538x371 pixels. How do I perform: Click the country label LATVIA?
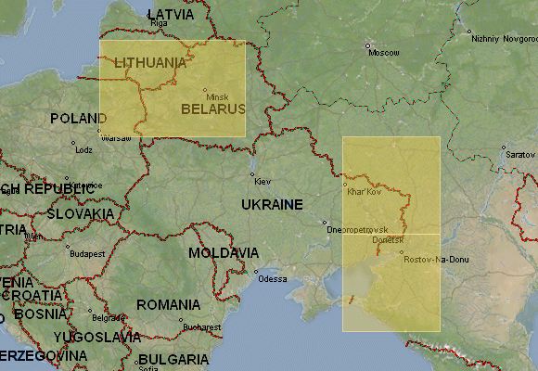point(172,16)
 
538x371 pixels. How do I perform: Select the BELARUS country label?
point(212,109)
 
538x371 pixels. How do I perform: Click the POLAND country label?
point(78,119)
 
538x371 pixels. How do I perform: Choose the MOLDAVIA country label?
point(224,252)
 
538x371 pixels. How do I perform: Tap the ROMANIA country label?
point(168,304)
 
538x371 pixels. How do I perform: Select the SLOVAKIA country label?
point(80,213)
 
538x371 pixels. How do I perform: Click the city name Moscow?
point(384,53)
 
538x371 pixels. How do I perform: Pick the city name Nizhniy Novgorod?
point(504,39)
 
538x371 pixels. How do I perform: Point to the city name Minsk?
point(217,96)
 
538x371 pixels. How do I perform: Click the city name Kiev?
point(262,182)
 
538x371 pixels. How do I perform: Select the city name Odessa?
point(273,278)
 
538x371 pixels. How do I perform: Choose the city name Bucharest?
point(202,326)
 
